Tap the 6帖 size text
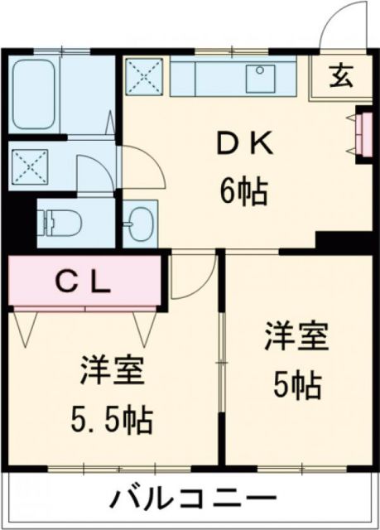[x=243, y=193]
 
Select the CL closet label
[x=83, y=282]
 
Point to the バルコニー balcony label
[x=192, y=500]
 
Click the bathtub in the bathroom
[x=36, y=94]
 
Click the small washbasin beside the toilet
[x=139, y=222]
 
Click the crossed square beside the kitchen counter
[x=145, y=78]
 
